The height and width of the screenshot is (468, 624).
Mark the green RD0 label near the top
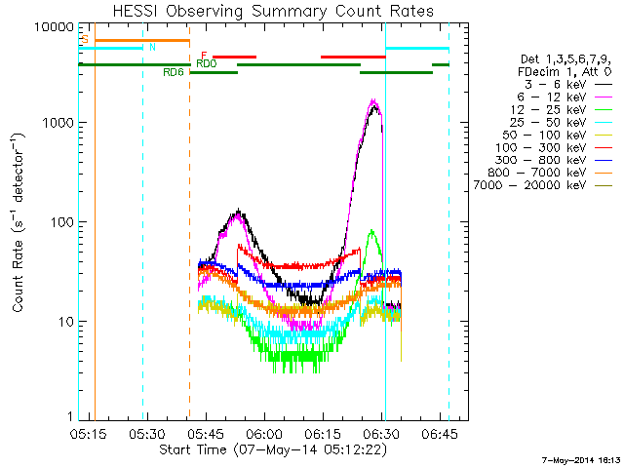(206, 63)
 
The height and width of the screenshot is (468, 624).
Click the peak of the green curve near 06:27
(371, 231)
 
